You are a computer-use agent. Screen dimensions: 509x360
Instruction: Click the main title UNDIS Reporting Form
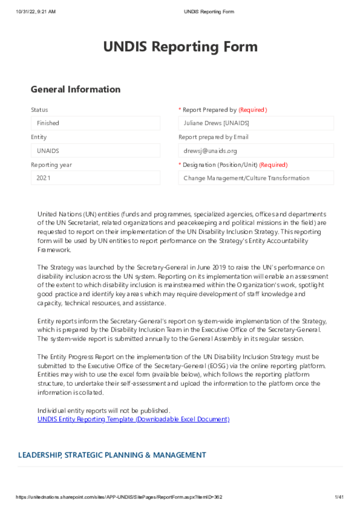click(180, 47)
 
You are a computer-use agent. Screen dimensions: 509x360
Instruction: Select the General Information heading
click(76, 89)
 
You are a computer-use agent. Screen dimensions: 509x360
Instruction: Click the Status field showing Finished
click(95, 123)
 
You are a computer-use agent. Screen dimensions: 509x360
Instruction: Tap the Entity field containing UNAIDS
click(95, 151)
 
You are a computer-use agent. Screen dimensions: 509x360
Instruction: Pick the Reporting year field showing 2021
click(95, 178)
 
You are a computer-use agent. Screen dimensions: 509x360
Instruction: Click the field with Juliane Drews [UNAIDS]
click(256, 123)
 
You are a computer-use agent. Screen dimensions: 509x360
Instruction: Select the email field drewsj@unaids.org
click(256, 151)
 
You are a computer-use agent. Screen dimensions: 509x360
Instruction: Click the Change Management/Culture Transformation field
click(256, 178)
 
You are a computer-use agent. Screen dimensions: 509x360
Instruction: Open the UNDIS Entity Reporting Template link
click(133, 419)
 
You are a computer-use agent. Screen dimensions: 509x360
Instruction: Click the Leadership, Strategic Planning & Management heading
click(112, 455)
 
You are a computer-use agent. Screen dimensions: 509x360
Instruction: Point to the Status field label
click(39, 110)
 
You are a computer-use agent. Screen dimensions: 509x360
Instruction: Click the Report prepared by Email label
click(213, 137)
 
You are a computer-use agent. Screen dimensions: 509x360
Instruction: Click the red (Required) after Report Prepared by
click(253, 110)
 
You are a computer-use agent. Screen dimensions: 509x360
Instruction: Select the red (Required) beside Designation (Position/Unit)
click(273, 165)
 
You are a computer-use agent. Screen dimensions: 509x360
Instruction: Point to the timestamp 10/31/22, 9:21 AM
click(36, 11)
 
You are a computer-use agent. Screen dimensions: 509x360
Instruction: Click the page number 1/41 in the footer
click(340, 497)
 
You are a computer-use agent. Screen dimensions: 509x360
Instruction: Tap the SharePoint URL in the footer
click(119, 497)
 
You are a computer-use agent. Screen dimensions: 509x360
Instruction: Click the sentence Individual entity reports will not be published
click(104, 411)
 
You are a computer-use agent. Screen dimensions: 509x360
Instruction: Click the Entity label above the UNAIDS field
click(39, 137)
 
